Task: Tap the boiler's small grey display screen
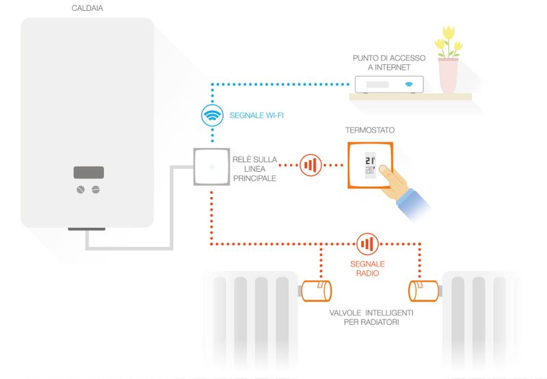coord(89,172)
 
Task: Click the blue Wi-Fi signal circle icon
coord(212,115)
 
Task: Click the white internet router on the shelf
coord(388,85)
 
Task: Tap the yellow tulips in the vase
coord(449,40)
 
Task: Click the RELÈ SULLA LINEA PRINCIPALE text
coord(254,168)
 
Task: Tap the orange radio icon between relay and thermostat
coord(311,165)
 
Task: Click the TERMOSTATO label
coord(371,130)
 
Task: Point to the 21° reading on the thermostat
coord(370,161)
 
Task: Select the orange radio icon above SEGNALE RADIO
coord(367,244)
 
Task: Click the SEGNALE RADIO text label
coord(367,268)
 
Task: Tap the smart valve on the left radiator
coord(317,291)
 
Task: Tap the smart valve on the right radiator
coord(423,291)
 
